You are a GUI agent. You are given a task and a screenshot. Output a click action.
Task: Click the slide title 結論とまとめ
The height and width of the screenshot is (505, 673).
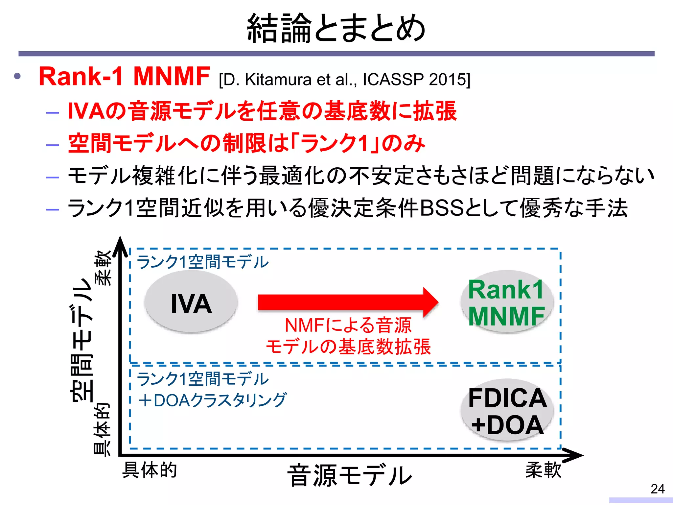336,28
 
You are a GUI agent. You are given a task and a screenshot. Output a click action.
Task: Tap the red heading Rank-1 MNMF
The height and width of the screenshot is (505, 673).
124,76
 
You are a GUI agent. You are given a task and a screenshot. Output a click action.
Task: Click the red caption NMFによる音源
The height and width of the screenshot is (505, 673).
348,325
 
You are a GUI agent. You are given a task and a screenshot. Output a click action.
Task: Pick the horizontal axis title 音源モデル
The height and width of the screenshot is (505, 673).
349,475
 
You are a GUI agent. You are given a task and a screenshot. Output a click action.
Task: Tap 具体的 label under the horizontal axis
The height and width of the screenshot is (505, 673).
150,470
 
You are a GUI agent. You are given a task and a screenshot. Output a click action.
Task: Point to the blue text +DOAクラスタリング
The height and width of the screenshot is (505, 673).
212,400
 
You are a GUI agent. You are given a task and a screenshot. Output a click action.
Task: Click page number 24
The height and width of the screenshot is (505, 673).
658,489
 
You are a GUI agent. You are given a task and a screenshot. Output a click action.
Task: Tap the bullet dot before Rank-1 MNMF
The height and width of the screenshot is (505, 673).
17,77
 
